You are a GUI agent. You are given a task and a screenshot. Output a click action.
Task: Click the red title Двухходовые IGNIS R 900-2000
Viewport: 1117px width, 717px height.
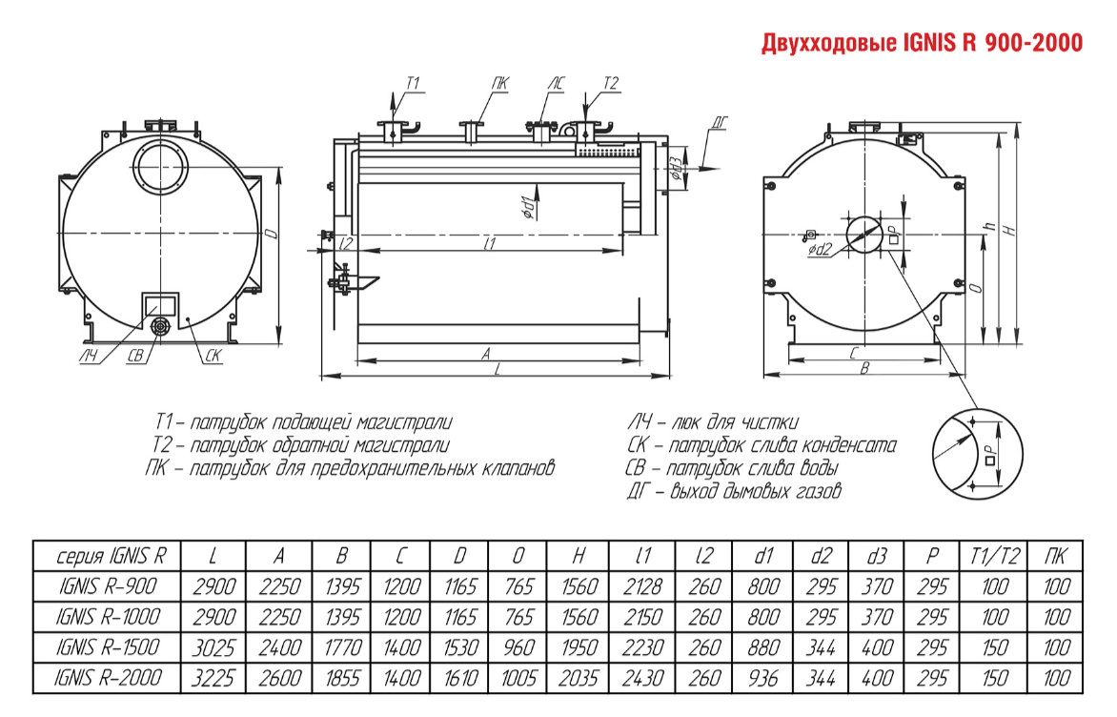(921, 44)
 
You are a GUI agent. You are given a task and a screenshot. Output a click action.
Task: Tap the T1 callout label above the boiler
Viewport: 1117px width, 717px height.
(413, 84)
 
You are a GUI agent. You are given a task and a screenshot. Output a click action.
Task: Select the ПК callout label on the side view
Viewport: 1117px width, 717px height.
(500, 84)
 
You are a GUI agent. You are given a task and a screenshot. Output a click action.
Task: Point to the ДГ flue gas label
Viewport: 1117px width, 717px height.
(721, 123)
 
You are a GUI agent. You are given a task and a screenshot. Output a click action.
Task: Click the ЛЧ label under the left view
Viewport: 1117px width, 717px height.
(89, 357)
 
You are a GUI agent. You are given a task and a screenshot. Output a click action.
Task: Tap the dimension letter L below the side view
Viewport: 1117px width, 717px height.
(498, 371)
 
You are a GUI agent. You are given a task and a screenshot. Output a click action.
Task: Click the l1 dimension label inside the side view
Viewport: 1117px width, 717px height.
(490, 244)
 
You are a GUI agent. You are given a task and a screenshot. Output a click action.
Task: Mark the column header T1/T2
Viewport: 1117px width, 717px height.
(984, 556)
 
